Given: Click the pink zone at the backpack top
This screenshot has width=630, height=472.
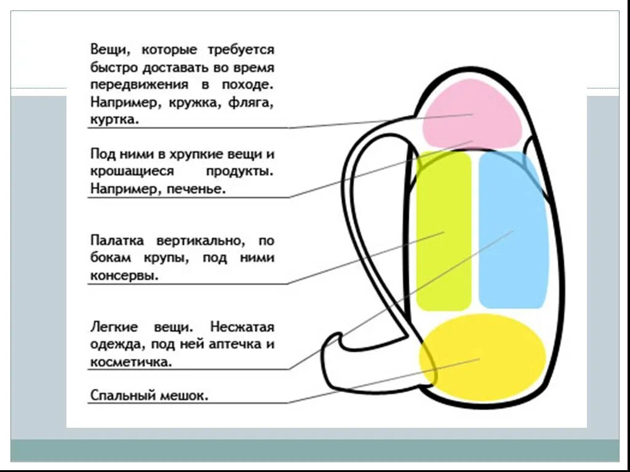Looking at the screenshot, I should point(472,114).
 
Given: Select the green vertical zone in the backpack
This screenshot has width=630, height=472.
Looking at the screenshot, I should point(444,230).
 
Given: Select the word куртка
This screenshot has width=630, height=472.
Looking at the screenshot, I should point(114,120).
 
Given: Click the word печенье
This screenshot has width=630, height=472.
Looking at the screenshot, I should point(195,189).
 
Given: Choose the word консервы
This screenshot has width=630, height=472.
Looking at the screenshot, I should point(124,275).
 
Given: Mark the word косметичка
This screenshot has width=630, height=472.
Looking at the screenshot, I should point(130,362).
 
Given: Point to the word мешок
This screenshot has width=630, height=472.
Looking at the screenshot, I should point(185,395).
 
